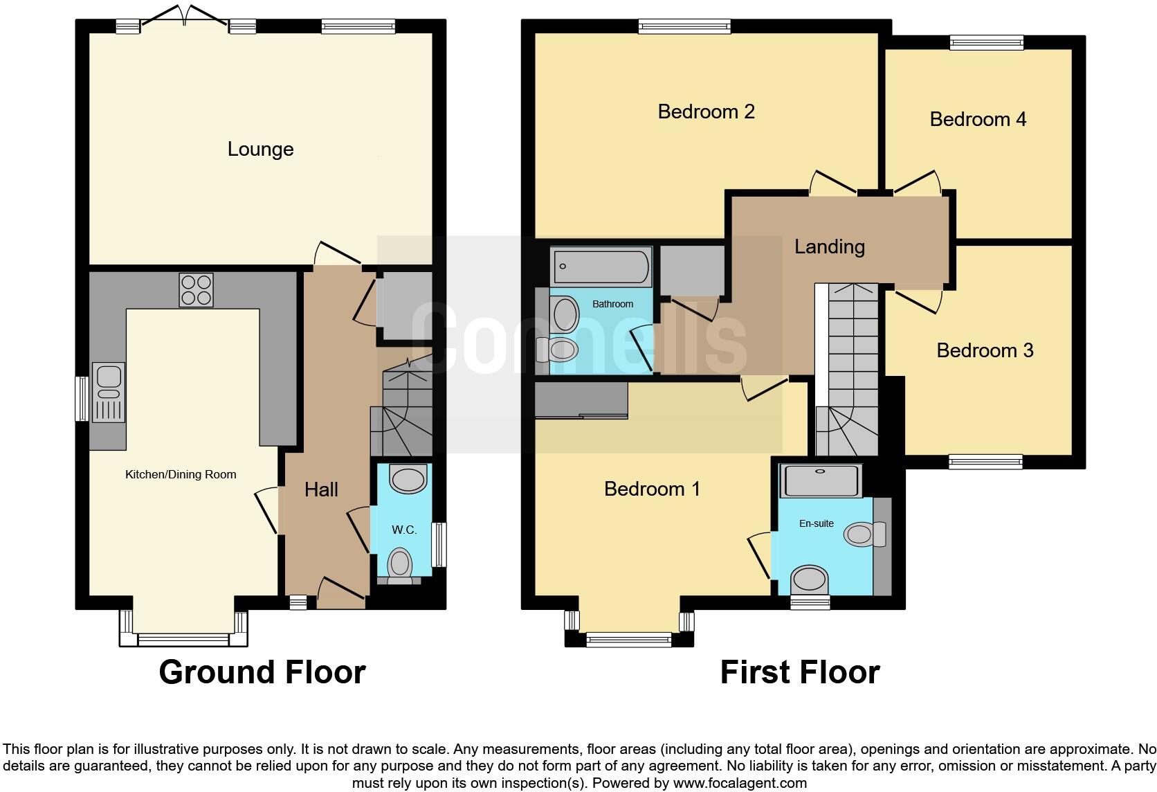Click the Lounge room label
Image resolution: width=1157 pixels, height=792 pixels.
(260, 149)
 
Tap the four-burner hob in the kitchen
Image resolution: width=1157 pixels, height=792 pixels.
(196, 290)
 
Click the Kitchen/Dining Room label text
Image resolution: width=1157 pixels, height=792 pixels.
(181, 474)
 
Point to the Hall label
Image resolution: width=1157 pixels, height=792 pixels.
(321, 489)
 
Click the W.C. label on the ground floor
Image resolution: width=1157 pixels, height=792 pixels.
(404, 530)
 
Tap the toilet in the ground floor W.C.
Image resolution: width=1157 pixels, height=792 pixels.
(401, 565)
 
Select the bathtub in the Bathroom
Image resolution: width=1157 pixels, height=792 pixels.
(601, 267)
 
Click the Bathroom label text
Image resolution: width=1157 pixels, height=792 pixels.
(612, 304)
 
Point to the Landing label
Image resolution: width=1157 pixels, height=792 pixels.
(829, 246)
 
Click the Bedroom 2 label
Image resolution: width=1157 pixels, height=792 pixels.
(706, 111)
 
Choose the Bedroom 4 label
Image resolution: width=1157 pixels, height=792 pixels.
(977, 119)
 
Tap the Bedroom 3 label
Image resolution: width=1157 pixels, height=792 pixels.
(984, 350)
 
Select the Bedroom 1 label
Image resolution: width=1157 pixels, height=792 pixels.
(652, 489)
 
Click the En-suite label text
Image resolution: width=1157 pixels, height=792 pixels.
(816, 523)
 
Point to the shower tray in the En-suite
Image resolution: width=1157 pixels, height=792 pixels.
(821, 480)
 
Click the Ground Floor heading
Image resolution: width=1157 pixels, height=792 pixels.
(262, 672)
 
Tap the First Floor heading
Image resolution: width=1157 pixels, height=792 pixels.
(799, 672)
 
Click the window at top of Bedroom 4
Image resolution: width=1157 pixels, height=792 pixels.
(986, 43)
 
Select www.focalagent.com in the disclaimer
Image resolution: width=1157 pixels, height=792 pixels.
(740, 784)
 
